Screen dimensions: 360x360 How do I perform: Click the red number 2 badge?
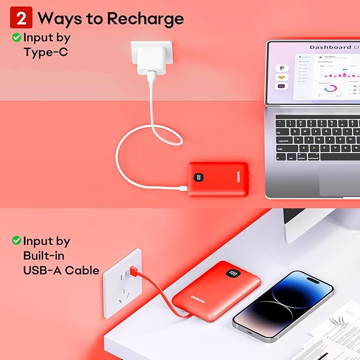tap(22, 19)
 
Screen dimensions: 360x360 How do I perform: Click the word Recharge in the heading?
tap(145, 19)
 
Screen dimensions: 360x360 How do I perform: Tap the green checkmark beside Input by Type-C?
tap(16, 38)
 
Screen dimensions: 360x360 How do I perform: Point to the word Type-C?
tap(46, 52)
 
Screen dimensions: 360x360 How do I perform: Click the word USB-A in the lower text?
tap(38, 270)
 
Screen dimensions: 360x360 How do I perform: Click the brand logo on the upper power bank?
tap(222, 179)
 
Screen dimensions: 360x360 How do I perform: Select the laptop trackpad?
tap(339, 179)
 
